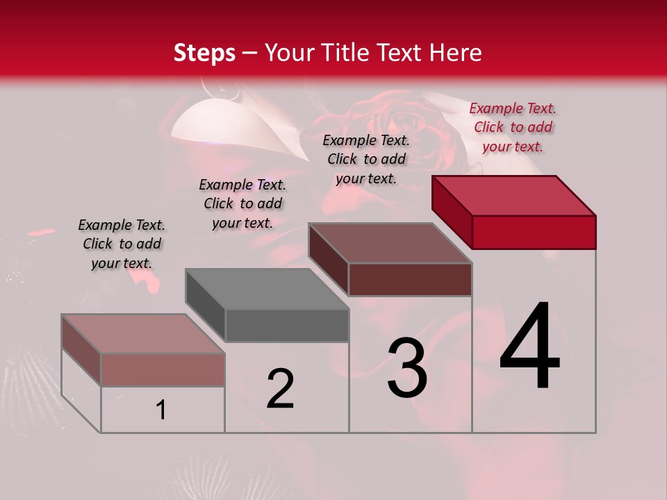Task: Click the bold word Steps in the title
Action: [x=204, y=53]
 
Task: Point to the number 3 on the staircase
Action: [x=406, y=369]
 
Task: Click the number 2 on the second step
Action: [x=280, y=389]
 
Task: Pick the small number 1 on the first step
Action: [x=161, y=410]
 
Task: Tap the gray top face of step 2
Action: [x=267, y=289]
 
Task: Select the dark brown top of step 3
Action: [x=390, y=243]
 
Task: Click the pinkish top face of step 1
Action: [x=143, y=334]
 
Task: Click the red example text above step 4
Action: [x=513, y=127]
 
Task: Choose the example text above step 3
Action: [x=366, y=159]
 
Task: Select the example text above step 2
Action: [x=242, y=203]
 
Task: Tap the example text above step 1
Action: [x=122, y=244]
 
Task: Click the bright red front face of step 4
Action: [x=534, y=232]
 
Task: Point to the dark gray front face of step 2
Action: [x=287, y=326]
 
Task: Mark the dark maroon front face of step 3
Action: [x=410, y=280]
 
